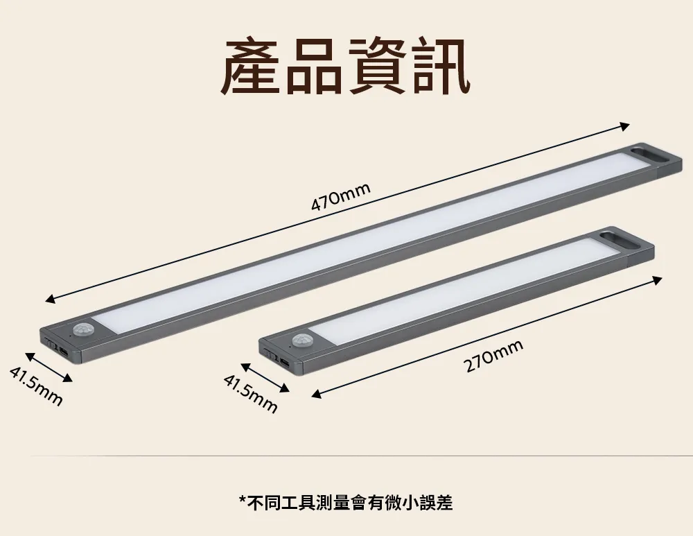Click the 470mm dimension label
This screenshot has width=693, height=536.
340,197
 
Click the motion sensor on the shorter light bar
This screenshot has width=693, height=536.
301,340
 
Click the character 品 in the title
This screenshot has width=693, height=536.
314,67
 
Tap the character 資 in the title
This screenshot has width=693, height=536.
377,67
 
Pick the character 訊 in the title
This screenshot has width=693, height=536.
440,67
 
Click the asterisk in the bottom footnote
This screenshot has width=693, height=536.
242,500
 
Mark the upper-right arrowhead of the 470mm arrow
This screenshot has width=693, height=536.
625,126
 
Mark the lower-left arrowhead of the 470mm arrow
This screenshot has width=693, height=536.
51,300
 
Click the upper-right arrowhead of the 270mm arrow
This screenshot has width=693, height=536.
657,280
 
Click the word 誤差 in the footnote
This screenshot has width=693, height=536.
436,503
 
